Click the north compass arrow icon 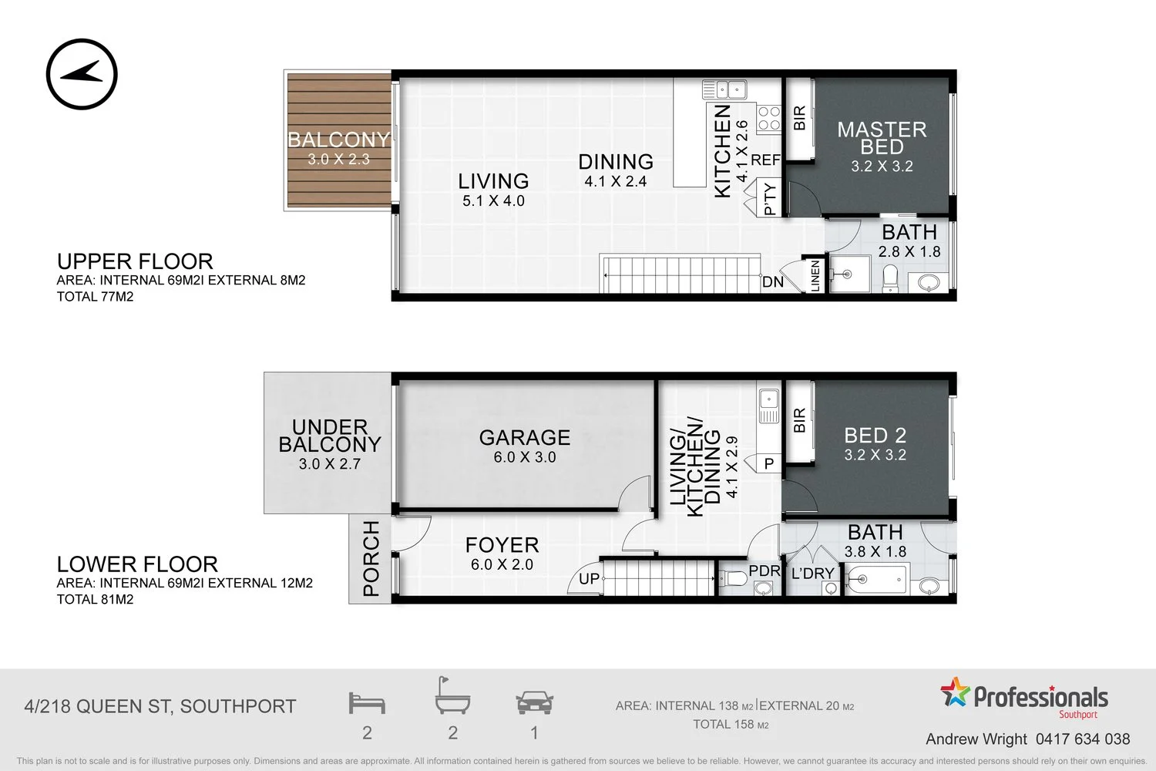(82, 74)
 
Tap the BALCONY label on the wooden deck (338, 140)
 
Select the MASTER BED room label (882, 138)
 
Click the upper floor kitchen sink (724, 89)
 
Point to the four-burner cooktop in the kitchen (769, 118)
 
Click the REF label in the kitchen (765, 160)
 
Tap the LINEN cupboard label (815, 276)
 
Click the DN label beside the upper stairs (772, 282)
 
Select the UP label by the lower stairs (589, 578)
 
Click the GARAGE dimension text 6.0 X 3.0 (525, 457)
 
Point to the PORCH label (371, 558)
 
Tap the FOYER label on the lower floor (502, 545)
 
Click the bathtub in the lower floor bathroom (877, 580)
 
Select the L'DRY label (813, 573)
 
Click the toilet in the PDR (734, 578)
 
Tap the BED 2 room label (875, 436)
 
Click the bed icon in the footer (367, 703)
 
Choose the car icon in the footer (534, 703)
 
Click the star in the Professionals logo (956, 692)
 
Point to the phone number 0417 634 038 (1083, 739)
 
